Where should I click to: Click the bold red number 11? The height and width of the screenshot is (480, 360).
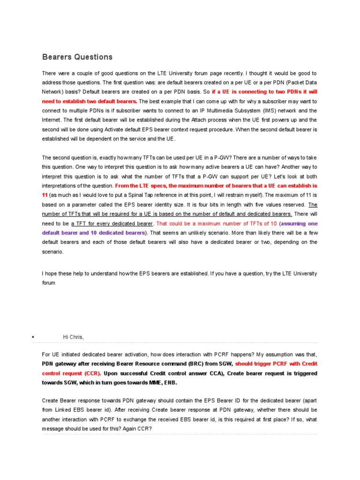pos(45,195)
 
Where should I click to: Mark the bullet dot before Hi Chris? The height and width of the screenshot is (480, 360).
pos(33,337)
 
